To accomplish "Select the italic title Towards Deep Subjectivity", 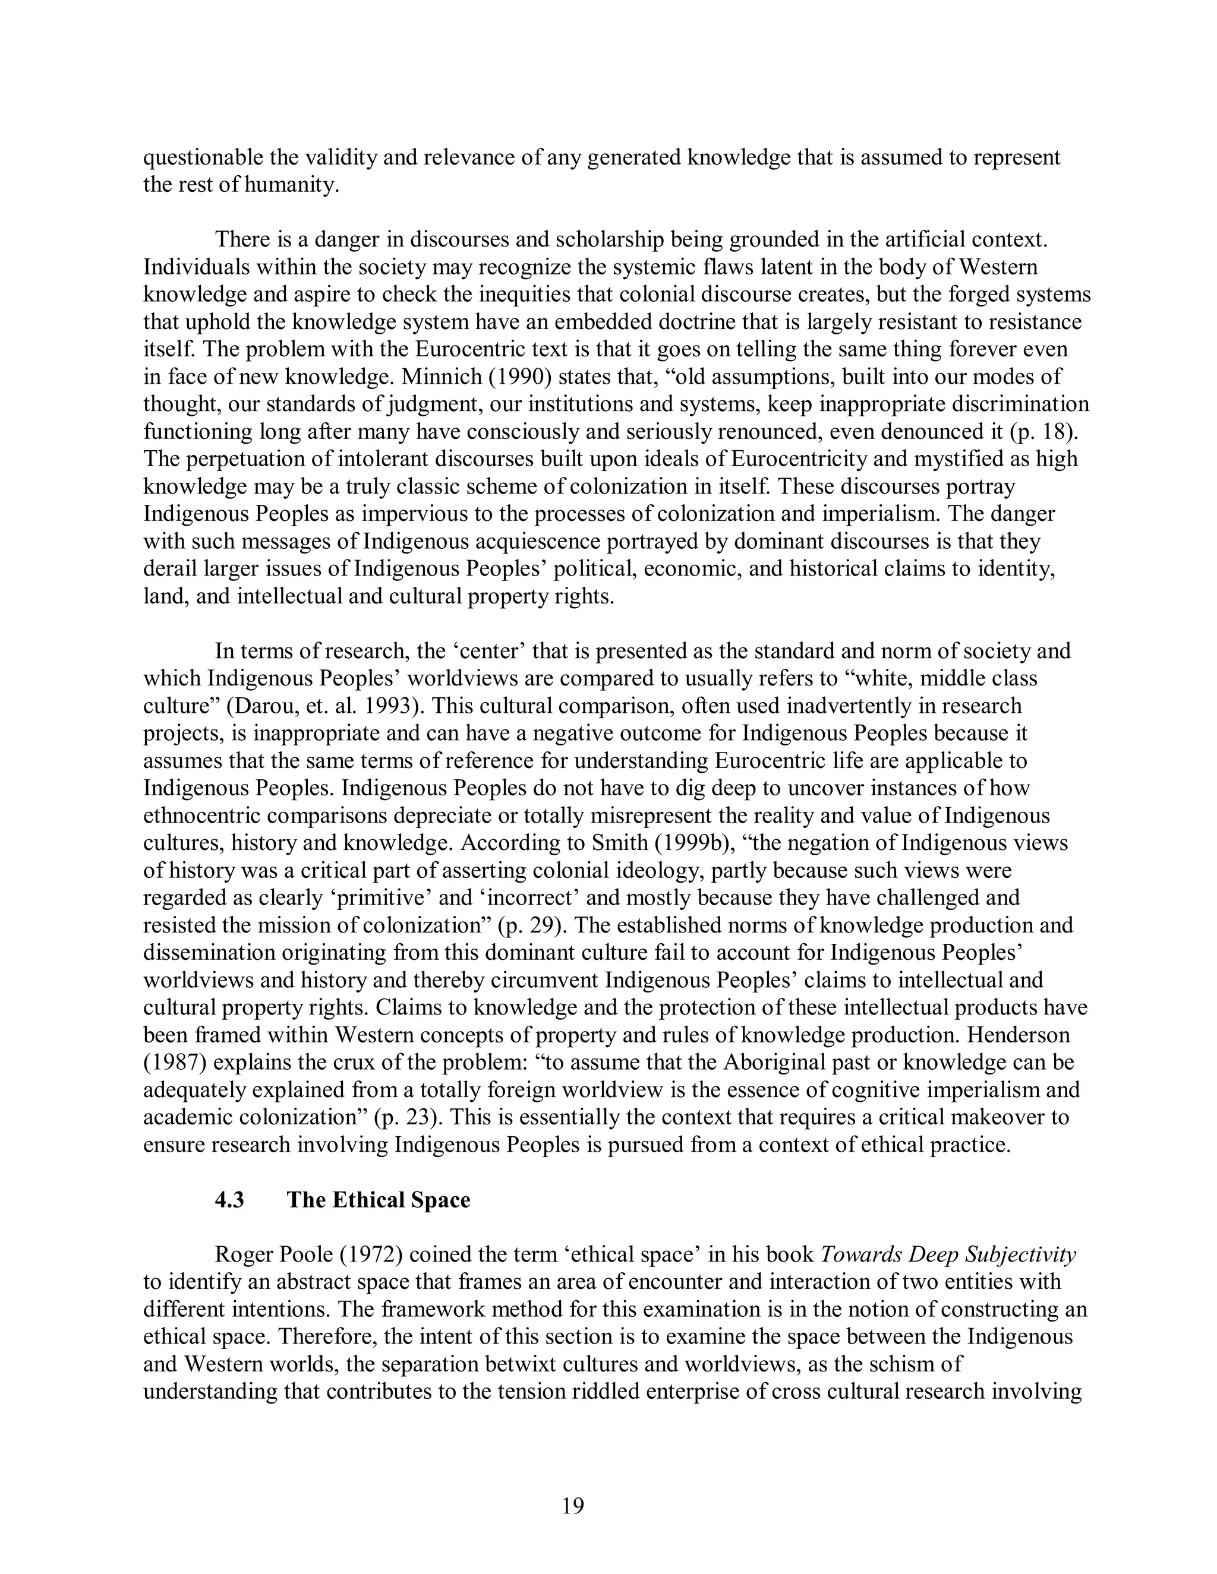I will pos(948,1254).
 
